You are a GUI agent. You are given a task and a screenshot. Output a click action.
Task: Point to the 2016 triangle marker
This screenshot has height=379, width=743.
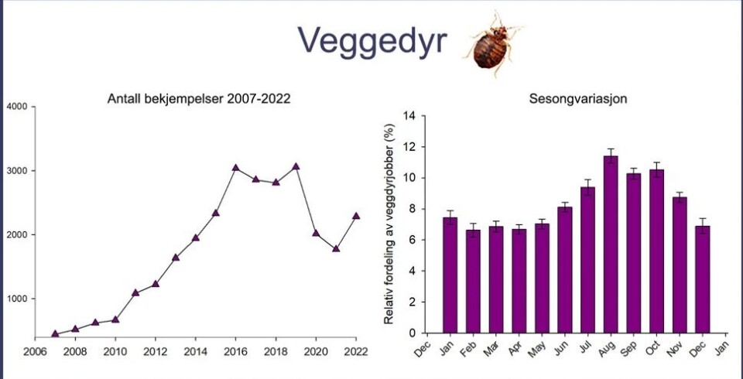click(236, 167)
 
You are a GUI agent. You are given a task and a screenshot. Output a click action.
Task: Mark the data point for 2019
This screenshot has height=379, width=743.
click(296, 166)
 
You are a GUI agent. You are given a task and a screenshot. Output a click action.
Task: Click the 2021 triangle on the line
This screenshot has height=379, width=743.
click(336, 248)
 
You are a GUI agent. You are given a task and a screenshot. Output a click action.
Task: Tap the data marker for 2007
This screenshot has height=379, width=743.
click(55, 334)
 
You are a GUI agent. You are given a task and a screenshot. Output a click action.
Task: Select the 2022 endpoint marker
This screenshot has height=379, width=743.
click(356, 216)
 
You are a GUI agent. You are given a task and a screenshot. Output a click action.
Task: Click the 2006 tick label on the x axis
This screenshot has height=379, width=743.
click(35, 350)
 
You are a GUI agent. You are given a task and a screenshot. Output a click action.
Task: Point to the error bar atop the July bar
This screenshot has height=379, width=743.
click(587, 186)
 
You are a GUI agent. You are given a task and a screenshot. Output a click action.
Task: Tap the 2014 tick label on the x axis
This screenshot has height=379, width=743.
click(196, 350)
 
